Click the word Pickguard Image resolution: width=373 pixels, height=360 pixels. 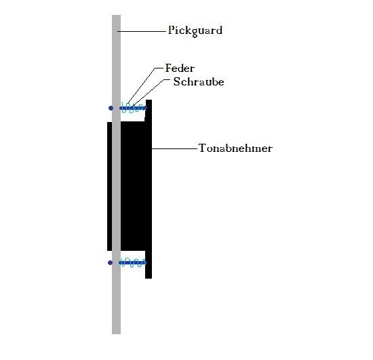pos(195,31)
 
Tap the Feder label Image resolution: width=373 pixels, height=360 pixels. pos(180,68)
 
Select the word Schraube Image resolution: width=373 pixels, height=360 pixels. pos(199,81)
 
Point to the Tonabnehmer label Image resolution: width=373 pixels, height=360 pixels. pos(235,148)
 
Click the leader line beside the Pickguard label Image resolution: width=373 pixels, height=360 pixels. pos(142,31)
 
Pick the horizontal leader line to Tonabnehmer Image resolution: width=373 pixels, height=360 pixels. pos(175,149)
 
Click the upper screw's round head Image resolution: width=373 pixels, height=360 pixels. pos(111,108)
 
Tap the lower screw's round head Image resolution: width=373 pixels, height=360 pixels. pos(110,263)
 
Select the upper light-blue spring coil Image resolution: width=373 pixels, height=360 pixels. pos(133,108)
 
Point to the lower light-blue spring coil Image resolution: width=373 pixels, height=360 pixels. pos(132,262)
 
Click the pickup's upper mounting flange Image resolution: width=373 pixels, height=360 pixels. pos(149,110)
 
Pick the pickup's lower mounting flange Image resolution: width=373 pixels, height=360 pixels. pos(149,264)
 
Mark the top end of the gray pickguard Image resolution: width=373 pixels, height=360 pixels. pos(117,16)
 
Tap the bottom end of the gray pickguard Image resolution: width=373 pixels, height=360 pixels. pos(117,334)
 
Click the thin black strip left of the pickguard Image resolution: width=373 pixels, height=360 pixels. pos(109,186)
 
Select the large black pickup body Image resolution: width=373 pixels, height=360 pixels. pos(136,186)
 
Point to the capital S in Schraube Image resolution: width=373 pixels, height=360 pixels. pos(176,81)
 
